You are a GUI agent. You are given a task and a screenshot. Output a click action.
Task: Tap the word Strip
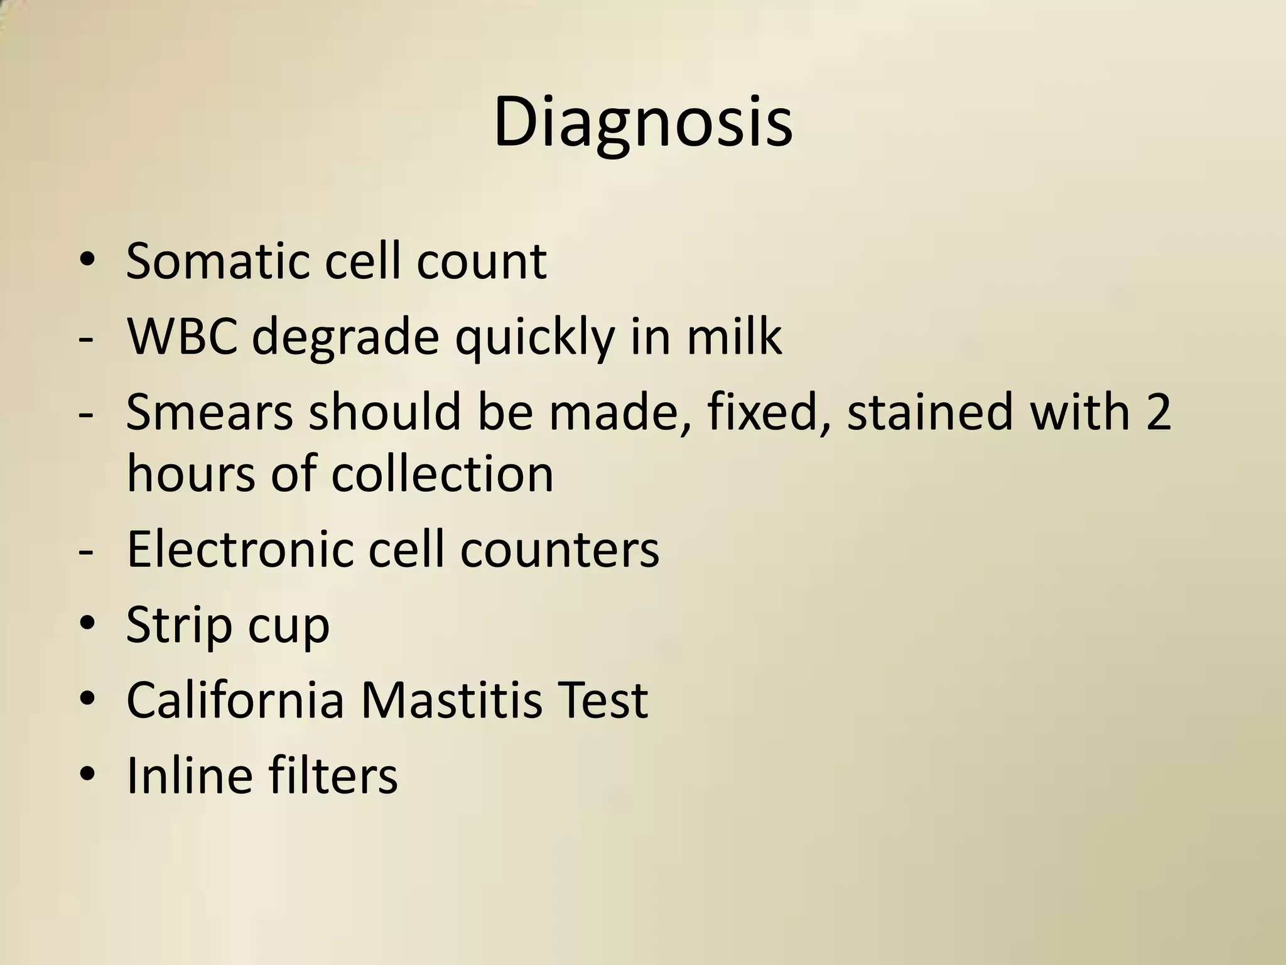178,626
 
